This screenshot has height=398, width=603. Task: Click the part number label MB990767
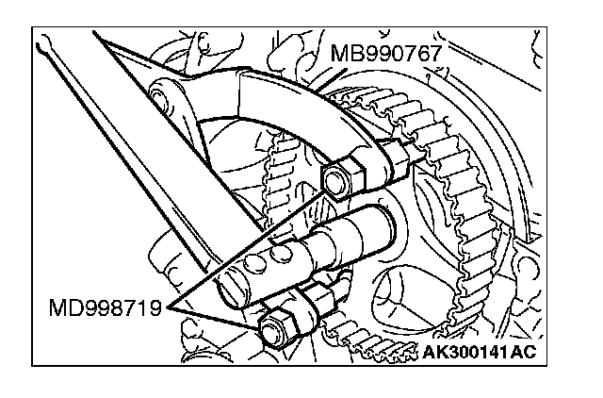pyautogui.click(x=385, y=53)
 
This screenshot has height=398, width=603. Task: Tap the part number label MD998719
pyautogui.click(x=105, y=307)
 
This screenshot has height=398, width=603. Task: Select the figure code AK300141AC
pyautogui.click(x=479, y=352)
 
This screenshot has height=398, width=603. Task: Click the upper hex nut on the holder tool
pyautogui.click(x=342, y=179)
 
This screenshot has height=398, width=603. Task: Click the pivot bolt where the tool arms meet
pyautogui.click(x=157, y=93)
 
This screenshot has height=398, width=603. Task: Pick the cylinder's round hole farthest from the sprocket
pyautogui.click(x=254, y=264)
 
